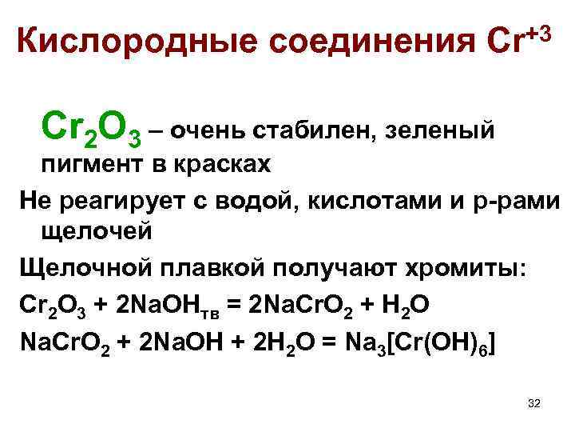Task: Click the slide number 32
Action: point(533,402)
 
